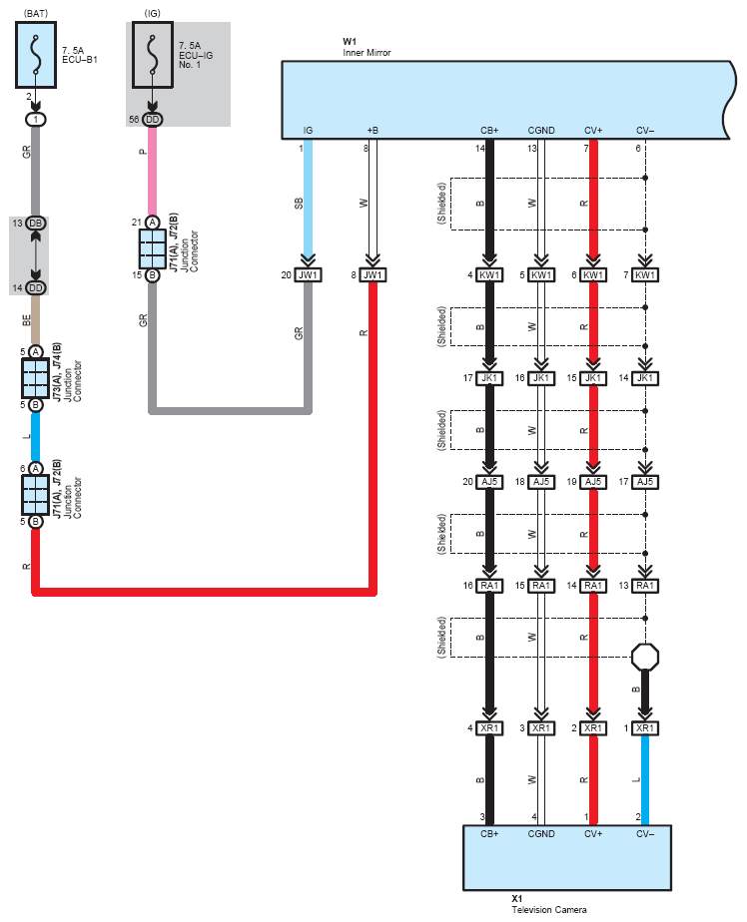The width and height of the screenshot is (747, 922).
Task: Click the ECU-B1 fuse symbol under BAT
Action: coord(36,55)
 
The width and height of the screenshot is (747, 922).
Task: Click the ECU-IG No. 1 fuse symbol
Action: coord(153,55)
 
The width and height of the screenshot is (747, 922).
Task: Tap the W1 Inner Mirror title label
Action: coord(367,47)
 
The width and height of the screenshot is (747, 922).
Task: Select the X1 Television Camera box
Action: coord(567,857)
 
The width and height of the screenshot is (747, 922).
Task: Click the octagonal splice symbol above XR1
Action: coord(644,657)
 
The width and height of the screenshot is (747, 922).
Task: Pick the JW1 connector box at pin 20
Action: coord(308,274)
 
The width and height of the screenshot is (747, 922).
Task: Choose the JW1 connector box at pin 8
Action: coord(373,274)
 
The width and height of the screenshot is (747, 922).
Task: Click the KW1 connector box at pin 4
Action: coord(489,274)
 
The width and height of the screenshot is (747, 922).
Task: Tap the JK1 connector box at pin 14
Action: coord(644,378)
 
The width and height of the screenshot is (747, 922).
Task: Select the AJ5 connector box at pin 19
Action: coord(593,482)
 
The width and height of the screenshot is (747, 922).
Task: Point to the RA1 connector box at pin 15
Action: coord(541,586)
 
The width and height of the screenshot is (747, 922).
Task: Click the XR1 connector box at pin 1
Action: coord(644,728)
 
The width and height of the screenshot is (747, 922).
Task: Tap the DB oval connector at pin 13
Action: coord(36,223)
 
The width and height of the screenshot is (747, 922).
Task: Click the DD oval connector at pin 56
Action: coord(153,120)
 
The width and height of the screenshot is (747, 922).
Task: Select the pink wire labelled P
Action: coord(153,171)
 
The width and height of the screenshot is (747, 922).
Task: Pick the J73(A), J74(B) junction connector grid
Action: coord(35,378)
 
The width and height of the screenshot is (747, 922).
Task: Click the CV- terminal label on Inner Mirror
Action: coord(644,131)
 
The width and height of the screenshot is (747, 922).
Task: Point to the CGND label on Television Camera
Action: coord(541,834)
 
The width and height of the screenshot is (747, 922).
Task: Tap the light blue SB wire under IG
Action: coord(308,201)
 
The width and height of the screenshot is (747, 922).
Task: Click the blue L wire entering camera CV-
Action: coord(644,780)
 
